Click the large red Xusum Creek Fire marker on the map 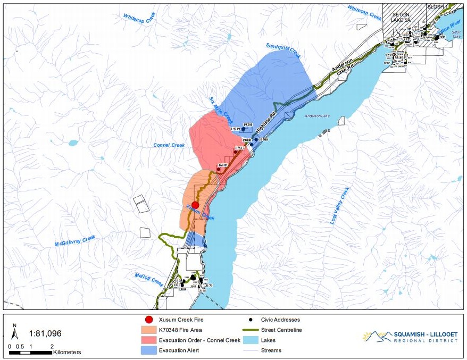(x=195, y=205)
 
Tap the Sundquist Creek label (x=283, y=51)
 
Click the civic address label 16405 (x=223, y=165)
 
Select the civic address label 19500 (x=262, y=139)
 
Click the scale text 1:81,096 (x=44, y=333)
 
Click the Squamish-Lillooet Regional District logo (x=409, y=337)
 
